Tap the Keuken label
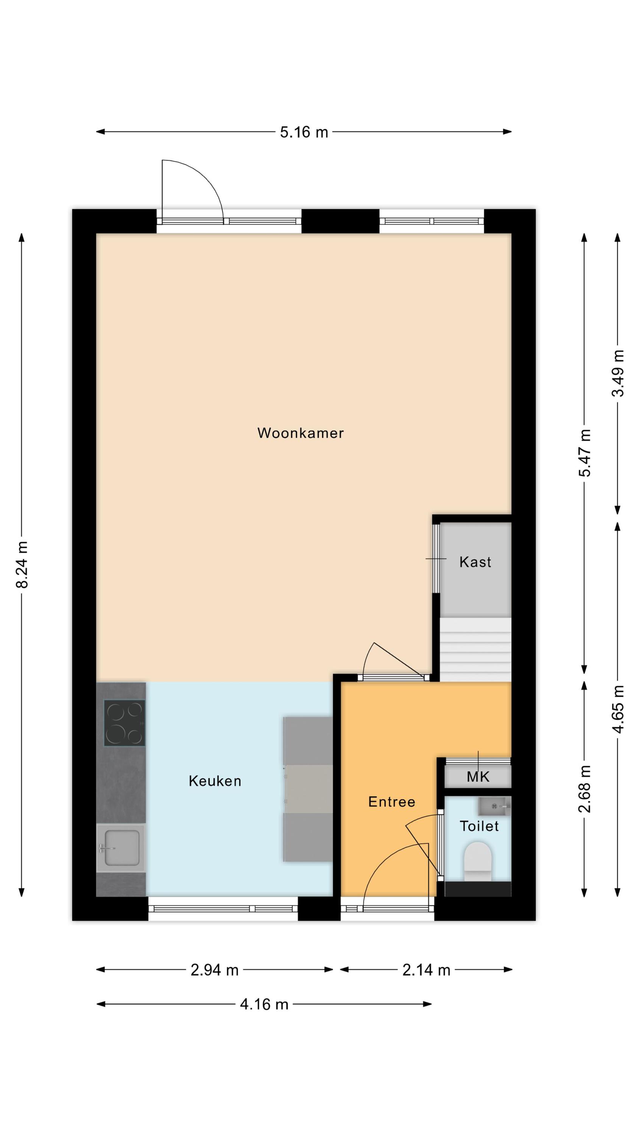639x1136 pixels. (215, 781)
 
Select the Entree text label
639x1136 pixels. (391, 802)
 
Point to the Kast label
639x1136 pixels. (475, 562)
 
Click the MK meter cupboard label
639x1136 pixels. (478, 777)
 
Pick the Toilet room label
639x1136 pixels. (479, 826)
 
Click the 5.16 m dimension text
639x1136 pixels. (304, 132)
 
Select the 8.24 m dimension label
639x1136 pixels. (22, 565)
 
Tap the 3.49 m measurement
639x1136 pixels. (618, 373)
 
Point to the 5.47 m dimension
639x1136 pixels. (584, 453)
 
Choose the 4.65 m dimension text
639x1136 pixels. (618, 710)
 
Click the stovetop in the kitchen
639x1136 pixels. (125, 723)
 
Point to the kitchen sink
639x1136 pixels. (121, 848)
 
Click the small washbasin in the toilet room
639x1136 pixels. (494, 806)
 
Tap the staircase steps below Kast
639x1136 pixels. (475, 649)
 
